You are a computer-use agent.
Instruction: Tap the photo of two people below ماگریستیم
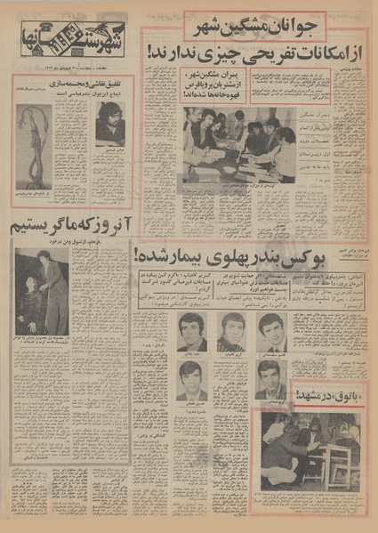tap(41, 293)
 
